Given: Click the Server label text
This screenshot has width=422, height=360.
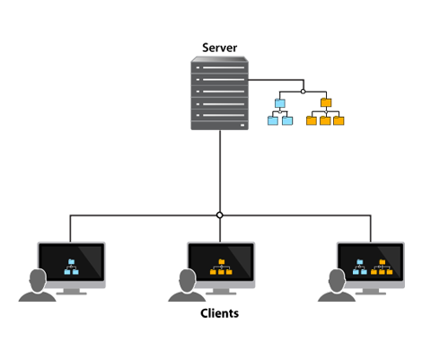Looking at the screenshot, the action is coord(220,48).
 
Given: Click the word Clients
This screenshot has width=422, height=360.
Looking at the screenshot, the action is coord(220,313).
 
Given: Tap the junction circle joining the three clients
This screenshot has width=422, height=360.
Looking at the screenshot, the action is coord(220,215).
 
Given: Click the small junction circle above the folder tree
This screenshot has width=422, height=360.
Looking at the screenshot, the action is coord(303,92).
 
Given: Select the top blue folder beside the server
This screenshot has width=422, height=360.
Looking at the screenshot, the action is coord(280,103).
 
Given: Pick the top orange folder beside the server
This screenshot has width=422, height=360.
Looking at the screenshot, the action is coord(326,102).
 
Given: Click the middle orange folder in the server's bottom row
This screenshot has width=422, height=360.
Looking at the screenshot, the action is coord(325,120).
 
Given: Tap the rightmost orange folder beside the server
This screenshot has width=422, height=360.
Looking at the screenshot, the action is coord(338,120).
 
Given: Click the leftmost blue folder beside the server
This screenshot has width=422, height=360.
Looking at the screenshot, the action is coord(273,120).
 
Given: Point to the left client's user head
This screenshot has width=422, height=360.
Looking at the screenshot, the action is coord(38,280).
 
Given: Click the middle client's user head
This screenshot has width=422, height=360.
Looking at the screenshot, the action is coord(188,280).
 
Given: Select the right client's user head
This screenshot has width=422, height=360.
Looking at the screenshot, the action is coord(337,280).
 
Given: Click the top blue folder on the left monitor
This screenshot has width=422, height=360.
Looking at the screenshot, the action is coord(71,262).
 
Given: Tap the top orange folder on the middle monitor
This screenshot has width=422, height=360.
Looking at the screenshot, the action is coord(222,262).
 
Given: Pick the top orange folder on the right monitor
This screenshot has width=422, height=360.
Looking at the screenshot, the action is coord(382,262).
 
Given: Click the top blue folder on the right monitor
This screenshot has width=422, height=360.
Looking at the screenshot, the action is coord(360,262).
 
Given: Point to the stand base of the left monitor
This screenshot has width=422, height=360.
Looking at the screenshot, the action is coord(72,294).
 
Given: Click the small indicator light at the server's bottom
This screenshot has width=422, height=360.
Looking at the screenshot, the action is coord(242,125).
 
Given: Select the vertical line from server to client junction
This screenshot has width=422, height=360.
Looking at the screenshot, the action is coord(220,171).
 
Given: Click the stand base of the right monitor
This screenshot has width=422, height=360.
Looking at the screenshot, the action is coord(371,294).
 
